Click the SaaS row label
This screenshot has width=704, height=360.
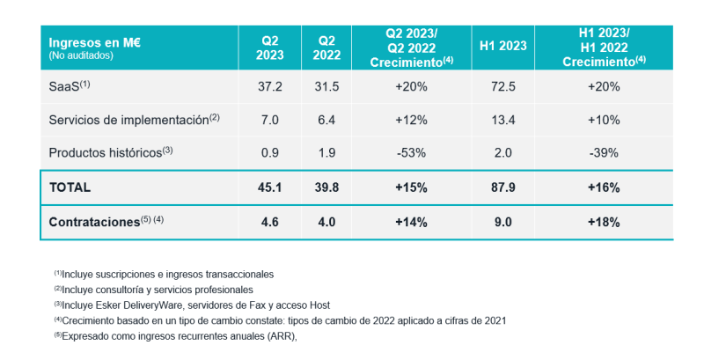70,86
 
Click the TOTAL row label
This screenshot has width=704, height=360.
70,187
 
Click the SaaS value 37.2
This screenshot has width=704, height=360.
270,86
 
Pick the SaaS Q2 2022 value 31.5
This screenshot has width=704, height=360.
326,86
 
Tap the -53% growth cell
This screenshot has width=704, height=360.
412,151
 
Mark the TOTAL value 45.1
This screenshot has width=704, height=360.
270,187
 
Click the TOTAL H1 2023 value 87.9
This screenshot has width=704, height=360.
503,187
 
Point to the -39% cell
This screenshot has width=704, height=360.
604,151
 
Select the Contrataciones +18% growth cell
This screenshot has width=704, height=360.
604,221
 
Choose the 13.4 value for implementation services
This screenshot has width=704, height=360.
503,119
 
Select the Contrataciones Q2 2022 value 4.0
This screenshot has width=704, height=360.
326,221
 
